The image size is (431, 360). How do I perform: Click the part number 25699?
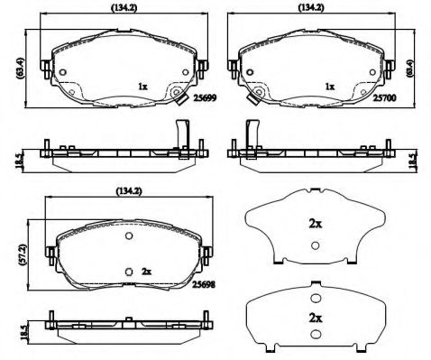point(205,98)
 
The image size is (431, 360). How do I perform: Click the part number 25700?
point(385,98)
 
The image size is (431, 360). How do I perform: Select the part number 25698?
point(204,284)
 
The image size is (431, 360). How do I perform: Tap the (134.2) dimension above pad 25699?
point(124,8)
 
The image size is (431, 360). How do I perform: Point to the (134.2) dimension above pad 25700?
point(311,8)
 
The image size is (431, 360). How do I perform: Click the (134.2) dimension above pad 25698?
point(129,190)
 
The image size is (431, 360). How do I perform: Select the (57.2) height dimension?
point(23,254)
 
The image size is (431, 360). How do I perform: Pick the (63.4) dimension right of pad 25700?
point(409,69)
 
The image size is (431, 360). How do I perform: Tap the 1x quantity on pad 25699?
point(142,87)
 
